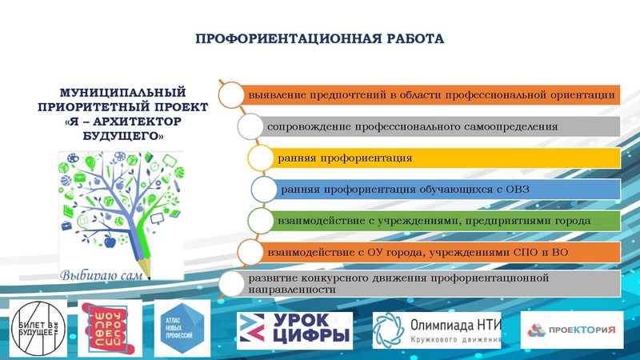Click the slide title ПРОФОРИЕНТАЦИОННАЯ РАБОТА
click(319, 38)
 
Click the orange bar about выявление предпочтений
click(432, 94)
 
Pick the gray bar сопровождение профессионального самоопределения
click(440, 126)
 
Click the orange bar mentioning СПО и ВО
click(436, 252)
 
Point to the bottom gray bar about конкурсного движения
click(424, 283)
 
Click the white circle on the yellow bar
click(260, 158)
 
